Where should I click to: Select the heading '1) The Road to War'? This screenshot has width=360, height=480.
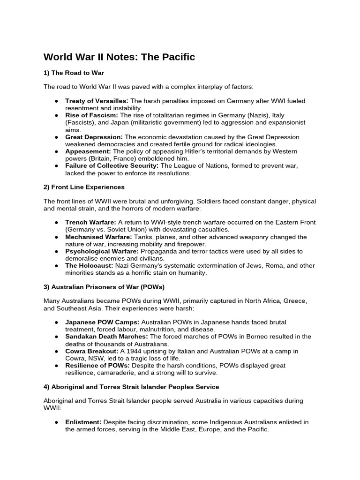(74, 73)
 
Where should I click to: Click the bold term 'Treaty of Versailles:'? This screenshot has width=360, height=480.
(97, 101)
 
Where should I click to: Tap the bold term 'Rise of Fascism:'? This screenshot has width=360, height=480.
(91, 115)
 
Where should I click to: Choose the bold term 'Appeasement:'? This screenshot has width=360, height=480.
(88, 151)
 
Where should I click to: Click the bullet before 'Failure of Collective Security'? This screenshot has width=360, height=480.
(56, 166)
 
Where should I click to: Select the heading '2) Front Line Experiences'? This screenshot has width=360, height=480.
(84, 187)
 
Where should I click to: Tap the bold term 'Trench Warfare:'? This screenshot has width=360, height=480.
(90, 223)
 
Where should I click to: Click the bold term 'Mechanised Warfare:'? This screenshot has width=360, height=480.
(98, 237)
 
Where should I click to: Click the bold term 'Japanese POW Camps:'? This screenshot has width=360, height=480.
(102, 322)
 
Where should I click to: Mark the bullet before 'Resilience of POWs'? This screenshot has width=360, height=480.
(56, 366)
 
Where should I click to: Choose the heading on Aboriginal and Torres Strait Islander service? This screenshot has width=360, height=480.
(131, 387)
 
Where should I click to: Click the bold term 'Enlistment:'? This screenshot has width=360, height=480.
(83, 422)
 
